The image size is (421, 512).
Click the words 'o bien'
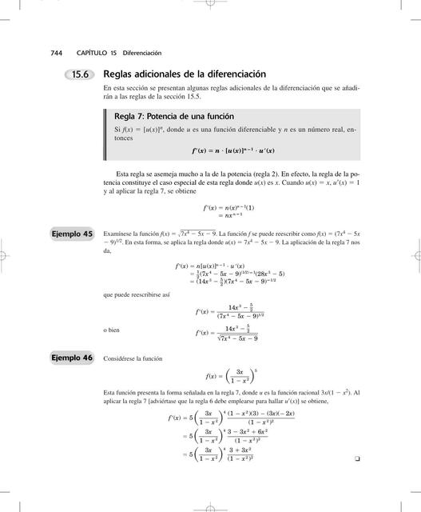[113, 330]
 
